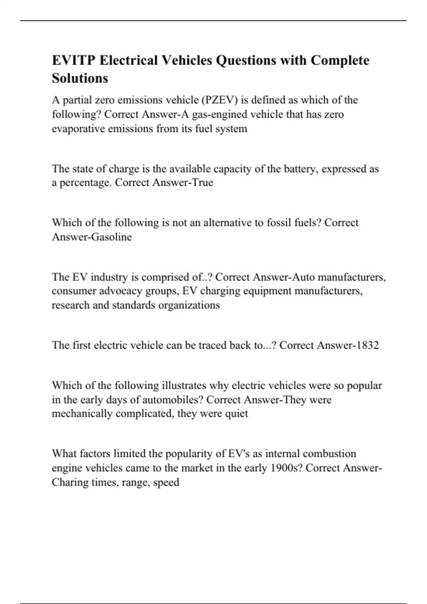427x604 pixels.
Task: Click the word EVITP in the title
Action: point(74,60)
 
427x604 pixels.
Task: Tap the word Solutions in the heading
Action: point(80,78)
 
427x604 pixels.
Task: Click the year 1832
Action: point(365,345)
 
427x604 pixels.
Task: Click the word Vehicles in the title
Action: point(186,60)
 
